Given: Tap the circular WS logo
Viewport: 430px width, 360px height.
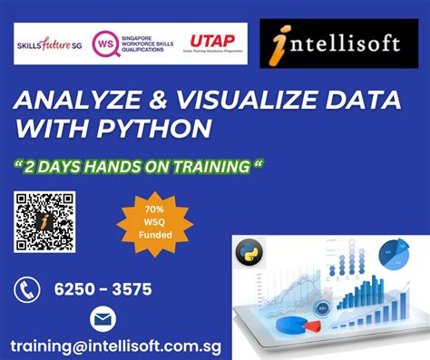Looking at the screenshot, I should coord(106,44).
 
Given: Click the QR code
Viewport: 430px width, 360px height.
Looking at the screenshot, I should coord(44,222).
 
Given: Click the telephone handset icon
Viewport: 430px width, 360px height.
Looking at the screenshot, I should coord(27,290).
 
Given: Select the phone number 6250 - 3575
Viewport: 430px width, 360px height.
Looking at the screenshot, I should coord(103,290).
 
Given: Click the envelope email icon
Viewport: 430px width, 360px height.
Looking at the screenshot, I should coord(103,320).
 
